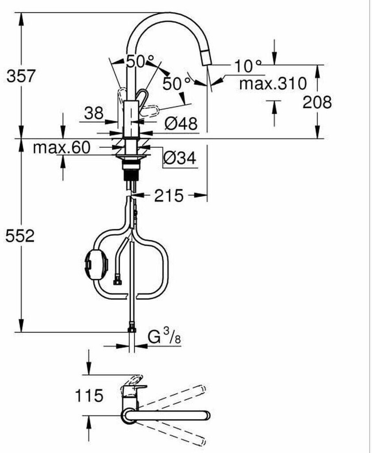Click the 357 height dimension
(21, 76)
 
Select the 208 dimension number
(317, 102)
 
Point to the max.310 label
(273, 84)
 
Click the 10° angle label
(247, 66)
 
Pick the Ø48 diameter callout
(181, 123)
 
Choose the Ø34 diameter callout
(180, 158)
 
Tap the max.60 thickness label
(62, 147)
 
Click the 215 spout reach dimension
(169, 196)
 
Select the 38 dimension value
(94, 113)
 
